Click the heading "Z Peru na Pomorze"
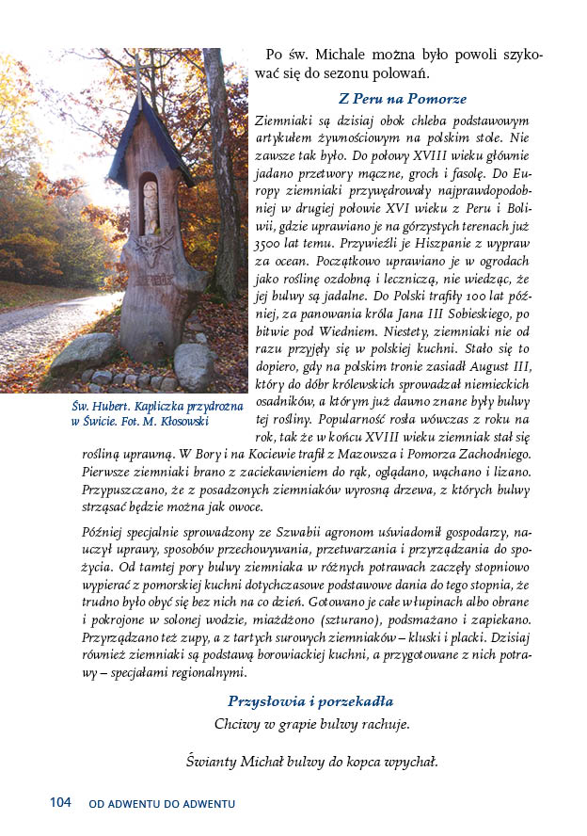tap(403, 99)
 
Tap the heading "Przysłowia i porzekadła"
tap(310, 701)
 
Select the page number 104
tap(60, 802)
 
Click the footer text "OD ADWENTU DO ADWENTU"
tap(162, 803)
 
